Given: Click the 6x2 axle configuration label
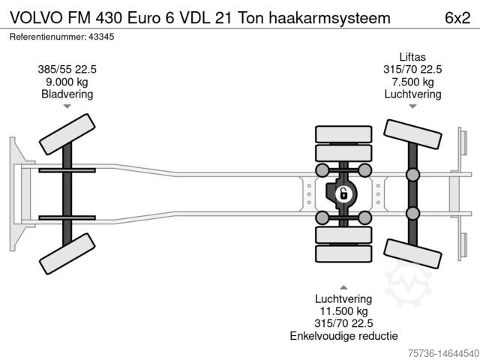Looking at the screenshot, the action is [x=457, y=18].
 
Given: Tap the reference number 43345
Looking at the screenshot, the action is [x=101, y=37].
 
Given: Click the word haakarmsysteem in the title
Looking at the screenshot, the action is [x=330, y=18].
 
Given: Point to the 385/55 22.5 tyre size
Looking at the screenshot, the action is [x=67, y=70].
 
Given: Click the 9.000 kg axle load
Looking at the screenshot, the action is [x=67, y=82].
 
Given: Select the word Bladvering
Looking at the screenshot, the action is [x=67, y=94].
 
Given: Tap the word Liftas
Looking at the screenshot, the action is [x=412, y=57].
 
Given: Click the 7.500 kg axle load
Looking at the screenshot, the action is [x=412, y=82].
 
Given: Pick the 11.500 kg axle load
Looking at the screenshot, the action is [x=343, y=311].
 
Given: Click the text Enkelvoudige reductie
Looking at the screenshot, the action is [x=343, y=336].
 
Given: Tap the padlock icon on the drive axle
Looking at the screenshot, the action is [x=343, y=194].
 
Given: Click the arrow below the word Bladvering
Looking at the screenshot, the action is [x=67, y=106].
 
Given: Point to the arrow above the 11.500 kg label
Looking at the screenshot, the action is [x=343, y=287].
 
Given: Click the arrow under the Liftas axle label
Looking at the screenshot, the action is [x=412, y=106].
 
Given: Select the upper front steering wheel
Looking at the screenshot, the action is [x=67, y=134].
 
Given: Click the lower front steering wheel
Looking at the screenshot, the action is [x=67, y=253].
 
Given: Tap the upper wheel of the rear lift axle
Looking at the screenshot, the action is [x=412, y=134].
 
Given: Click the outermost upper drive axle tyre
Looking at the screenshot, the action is [x=343, y=134].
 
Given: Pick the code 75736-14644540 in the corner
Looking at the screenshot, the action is [x=443, y=353].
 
